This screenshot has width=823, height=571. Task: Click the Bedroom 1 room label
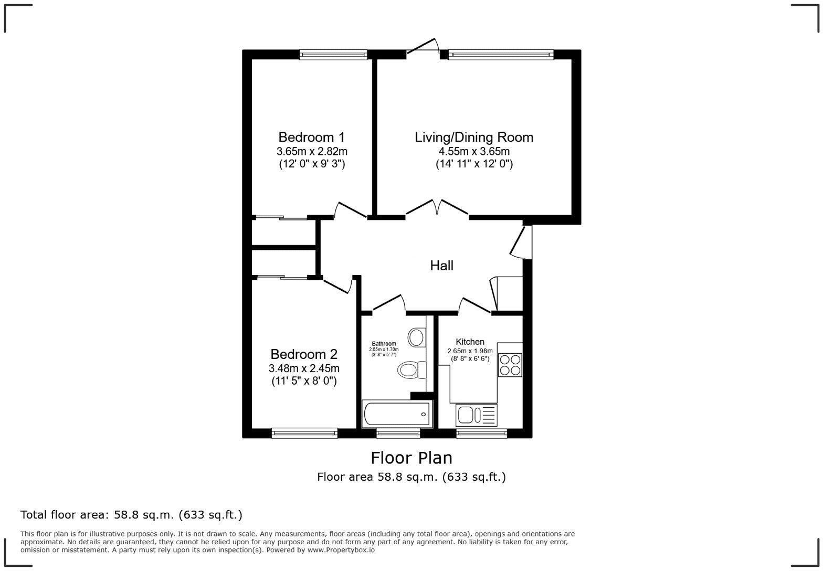click(x=311, y=138)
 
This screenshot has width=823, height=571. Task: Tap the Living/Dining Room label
click(x=474, y=138)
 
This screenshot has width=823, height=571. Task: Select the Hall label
click(x=441, y=266)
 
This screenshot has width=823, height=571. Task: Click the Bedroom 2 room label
click(x=304, y=354)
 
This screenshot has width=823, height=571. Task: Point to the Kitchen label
click(x=470, y=342)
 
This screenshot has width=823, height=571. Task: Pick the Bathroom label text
click(x=384, y=344)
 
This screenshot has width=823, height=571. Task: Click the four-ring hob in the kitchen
click(x=510, y=365)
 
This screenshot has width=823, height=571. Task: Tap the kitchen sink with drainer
click(x=476, y=415)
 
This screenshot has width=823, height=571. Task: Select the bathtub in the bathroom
click(x=397, y=414)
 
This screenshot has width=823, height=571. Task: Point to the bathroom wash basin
click(x=417, y=337)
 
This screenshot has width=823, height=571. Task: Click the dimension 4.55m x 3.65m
click(x=474, y=152)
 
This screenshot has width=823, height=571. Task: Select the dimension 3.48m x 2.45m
click(x=304, y=368)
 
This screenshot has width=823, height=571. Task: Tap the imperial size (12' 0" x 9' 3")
click(x=312, y=164)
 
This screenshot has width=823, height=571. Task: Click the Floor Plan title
click(x=411, y=458)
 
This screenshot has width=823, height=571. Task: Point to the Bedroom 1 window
click(x=333, y=54)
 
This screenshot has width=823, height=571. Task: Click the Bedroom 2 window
click(x=304, y=433)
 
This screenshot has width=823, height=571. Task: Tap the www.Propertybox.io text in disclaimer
click(x=341, y=550)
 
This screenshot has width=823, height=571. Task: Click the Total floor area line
click(x=131, y=515)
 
